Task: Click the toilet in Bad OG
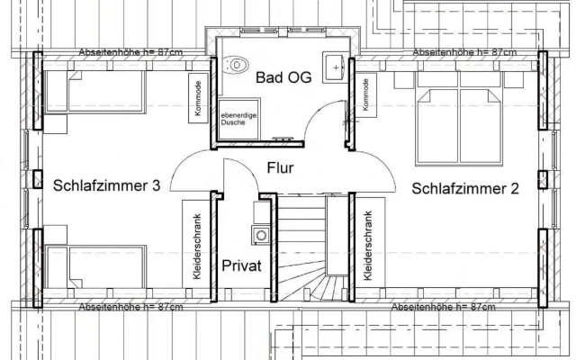pyautogui.click(x=236, y=65)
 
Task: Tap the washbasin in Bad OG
pyautogui.click(x=333, y=67)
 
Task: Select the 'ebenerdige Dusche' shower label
pyautogui.click(x=238, y=119)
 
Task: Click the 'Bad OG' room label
pyautogui.click(x=283, y=77)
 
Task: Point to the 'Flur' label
pyautogui.click(x=280, y=167)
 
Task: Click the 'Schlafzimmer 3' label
pyautogui.click(x=106, y=185)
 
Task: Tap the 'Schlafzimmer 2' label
pyautogui.click(x=465, y=188)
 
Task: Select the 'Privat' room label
pyautogui.click(x=241, y=265)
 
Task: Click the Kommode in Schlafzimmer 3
pyautogui.click(x=198, y=98)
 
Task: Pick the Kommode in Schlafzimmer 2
pyautogui.click(x=366, y=95)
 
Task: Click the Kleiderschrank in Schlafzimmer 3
pyautogui.click(x=196, y=244)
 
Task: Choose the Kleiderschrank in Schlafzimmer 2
pyautogui.click(x=370, y=243)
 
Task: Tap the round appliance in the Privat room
pyautogui.click(x=261, y=236)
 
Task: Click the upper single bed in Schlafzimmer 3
pyautogui.click(x=94, y=92)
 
